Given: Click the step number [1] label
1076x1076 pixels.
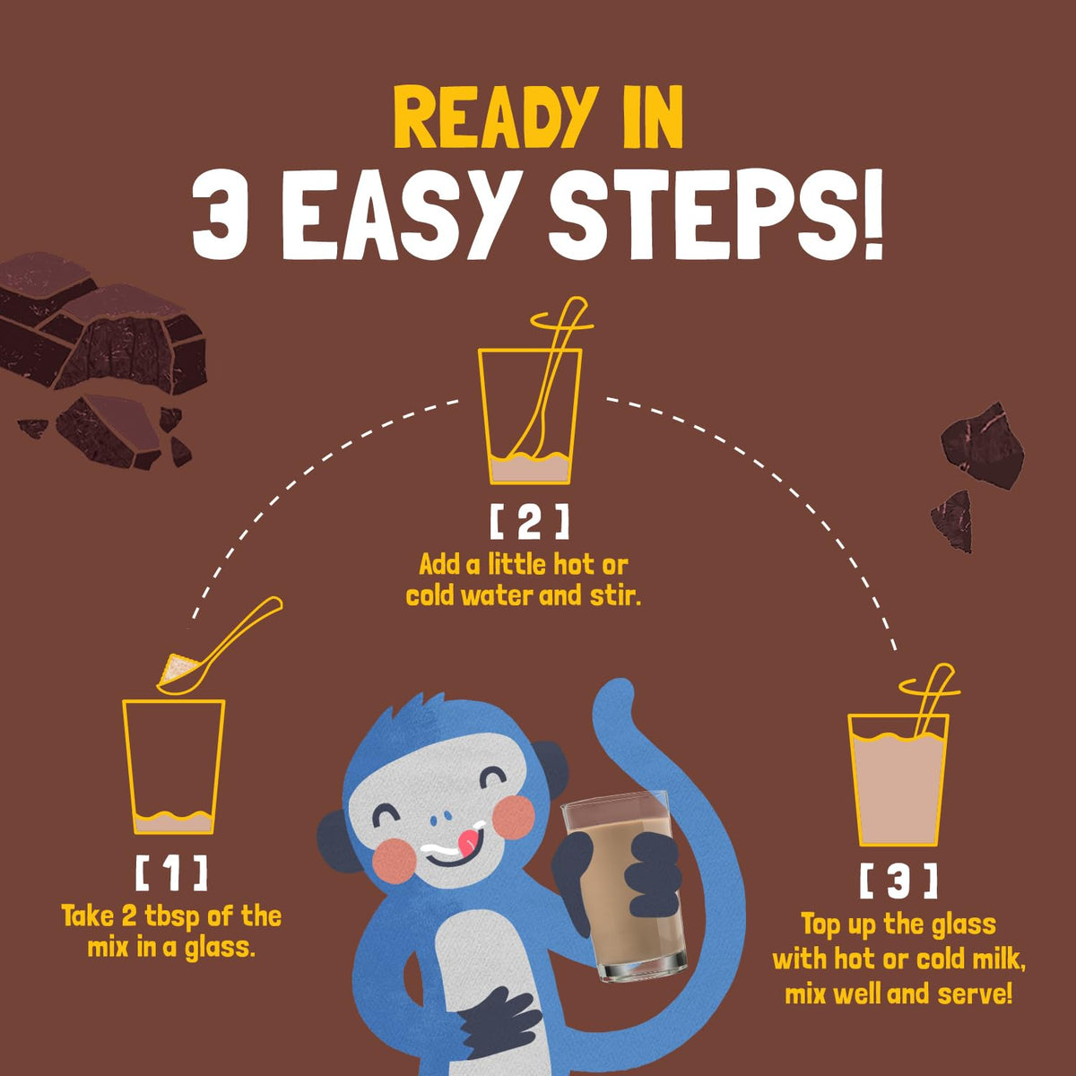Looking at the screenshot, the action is (171, 874).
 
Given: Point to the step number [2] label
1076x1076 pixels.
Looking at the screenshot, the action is (529, 522).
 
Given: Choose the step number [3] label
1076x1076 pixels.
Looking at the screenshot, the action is (898, 881).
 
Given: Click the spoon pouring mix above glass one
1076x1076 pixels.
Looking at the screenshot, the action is (219, 646).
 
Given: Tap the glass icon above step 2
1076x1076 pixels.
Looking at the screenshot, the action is (529, 416).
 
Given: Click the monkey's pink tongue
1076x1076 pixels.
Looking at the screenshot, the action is (468, 840).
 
